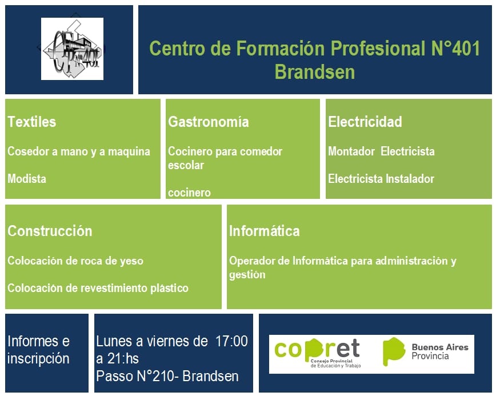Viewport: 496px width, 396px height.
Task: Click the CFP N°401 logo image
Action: (x=72, y=49)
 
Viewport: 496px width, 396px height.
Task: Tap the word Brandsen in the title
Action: (x=315, y=72)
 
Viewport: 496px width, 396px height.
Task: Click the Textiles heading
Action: (x=31, y=122)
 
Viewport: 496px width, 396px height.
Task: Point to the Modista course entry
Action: (x=27, y=179)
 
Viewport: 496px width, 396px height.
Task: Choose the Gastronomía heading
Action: (x=209, y=122)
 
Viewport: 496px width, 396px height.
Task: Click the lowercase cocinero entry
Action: (x=189, y=193)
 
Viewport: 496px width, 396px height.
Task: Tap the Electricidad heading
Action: (x=365, y=122)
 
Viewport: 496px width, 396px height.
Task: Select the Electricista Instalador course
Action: (x=381, y=179)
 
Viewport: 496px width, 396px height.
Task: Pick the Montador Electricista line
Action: (x=381, y=151)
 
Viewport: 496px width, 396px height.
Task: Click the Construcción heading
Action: (x=50, y=231)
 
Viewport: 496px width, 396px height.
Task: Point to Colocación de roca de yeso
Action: (x=75, y=261)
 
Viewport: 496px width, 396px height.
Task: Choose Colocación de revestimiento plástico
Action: (x=98, y=288)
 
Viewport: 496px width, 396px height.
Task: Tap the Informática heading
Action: (x=265, y=231)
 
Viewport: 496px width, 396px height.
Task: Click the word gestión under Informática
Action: (x=247, y=274)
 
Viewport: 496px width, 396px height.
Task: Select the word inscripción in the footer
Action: (x=38, y=359)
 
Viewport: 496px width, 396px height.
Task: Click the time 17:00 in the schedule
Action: (x=231, y=341)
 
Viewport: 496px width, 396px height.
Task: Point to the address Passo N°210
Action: (x=135, y=376)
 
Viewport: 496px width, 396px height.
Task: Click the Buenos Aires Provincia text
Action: (x=439, y=351)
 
